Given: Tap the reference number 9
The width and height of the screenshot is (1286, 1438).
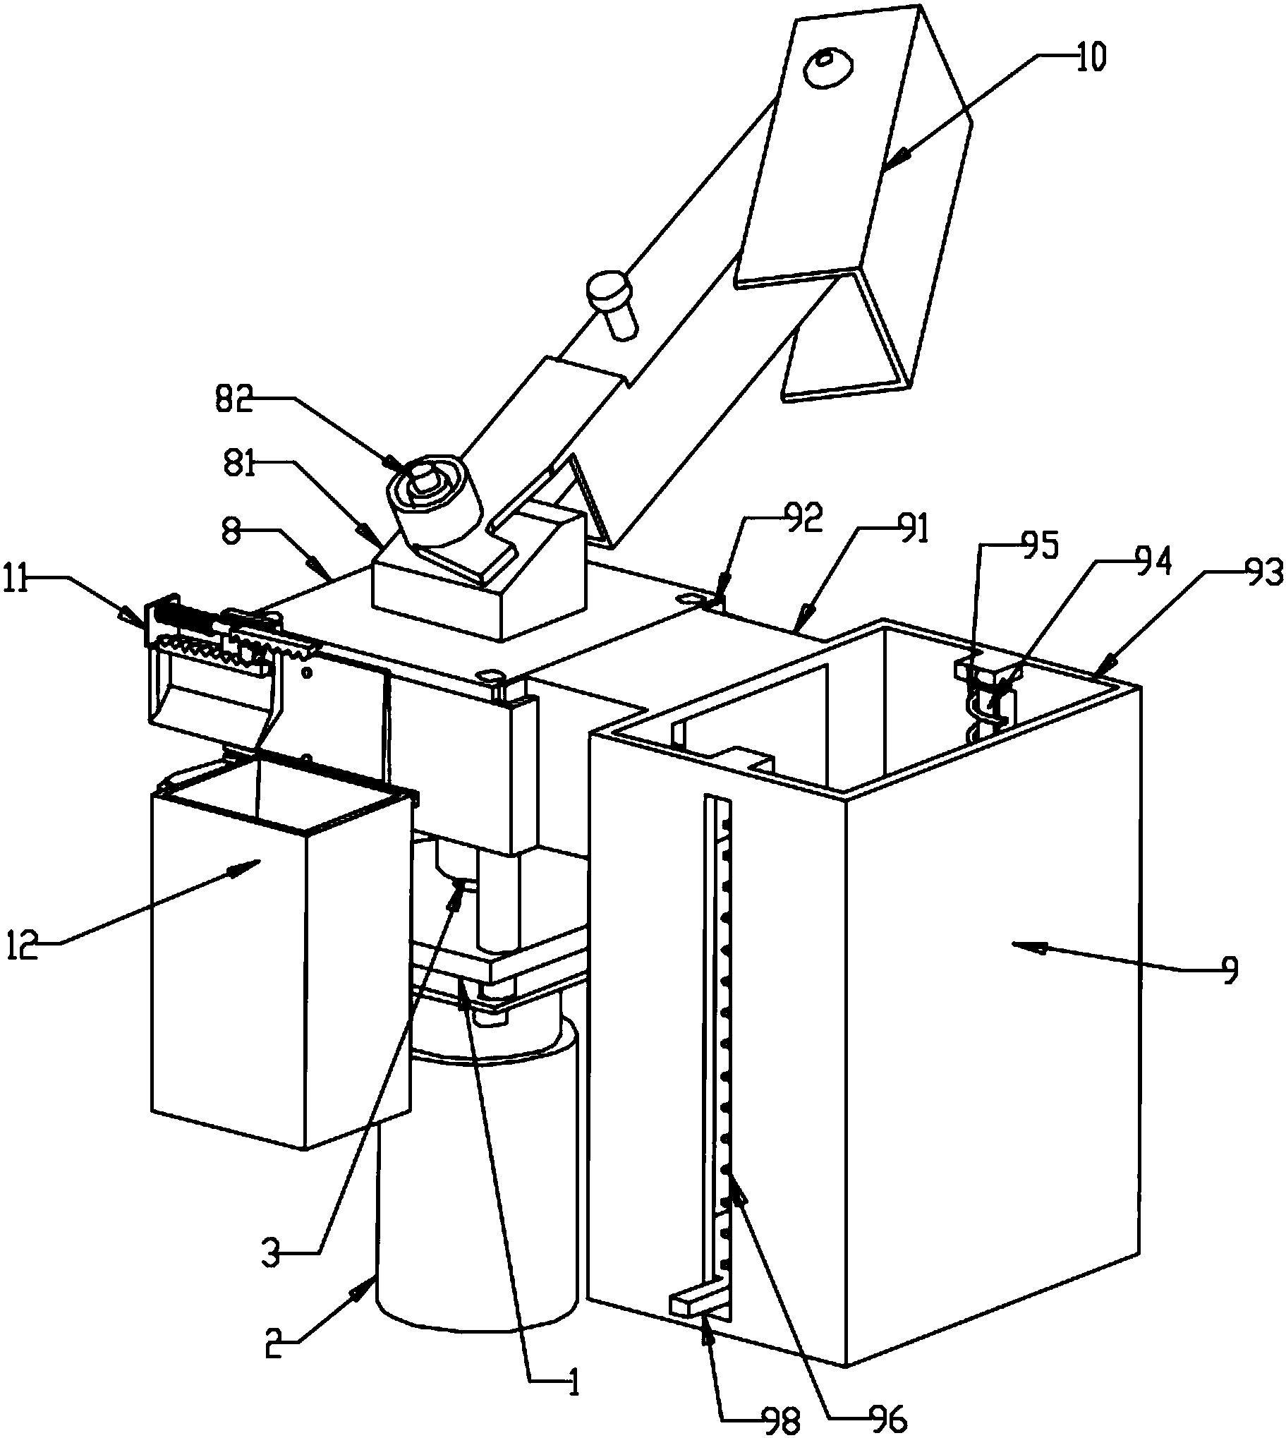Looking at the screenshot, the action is tap(1230, 969).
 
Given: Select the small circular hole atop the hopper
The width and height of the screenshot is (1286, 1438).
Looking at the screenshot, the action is tap(830, 67).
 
